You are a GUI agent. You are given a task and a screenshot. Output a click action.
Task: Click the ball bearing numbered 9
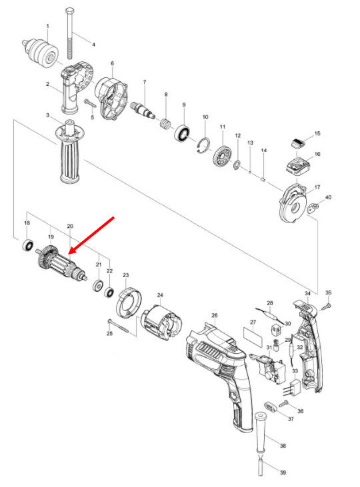[182, 132]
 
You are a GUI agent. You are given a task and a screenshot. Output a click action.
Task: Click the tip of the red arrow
[69, 253]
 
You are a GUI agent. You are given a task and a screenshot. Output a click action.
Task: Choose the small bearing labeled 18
[27, 244]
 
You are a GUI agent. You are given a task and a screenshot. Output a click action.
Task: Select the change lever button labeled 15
[298, 141]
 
